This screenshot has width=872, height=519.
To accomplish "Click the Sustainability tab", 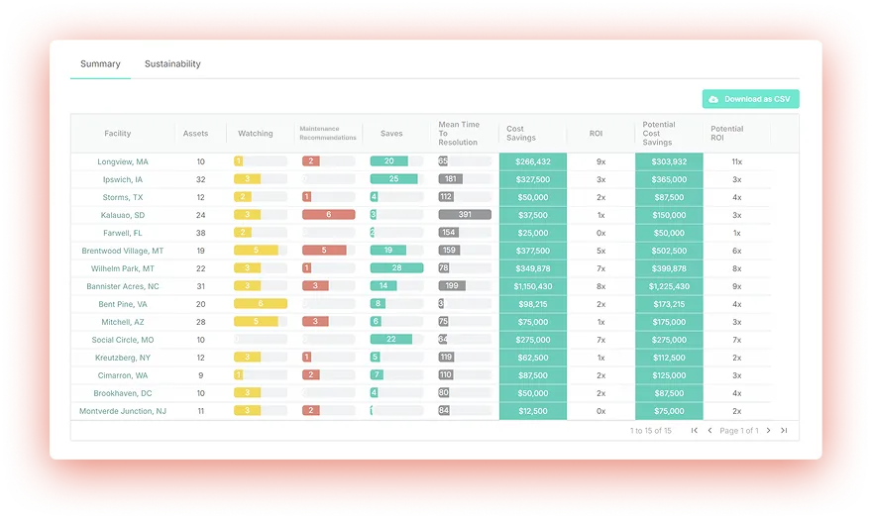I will pos(172,64).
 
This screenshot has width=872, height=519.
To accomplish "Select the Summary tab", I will pos(100,64).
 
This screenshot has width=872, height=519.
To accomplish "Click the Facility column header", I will pos(118,134).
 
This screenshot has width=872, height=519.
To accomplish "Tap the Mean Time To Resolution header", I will pos(459,134).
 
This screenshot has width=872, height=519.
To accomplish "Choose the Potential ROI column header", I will pos(726,134).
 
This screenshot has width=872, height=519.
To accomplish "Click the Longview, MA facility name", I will pos(123,161).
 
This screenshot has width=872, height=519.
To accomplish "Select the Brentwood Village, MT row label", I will pos(123,251).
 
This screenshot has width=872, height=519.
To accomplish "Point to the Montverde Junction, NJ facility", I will pos(123,411).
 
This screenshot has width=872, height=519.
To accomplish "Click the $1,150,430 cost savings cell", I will pos(532,286).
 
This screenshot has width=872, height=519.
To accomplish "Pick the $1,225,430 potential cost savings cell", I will pos(669,286).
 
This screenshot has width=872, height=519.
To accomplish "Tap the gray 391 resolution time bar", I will pos(465,215).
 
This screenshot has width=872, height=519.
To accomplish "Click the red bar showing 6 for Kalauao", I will pos(328,215).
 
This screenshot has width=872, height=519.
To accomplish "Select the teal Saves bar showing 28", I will pos(396,268).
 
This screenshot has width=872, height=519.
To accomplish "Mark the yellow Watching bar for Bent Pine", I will pos(261,304).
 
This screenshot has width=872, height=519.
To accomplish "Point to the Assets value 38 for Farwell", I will pos(201,233).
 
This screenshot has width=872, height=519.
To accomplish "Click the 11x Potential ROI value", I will pos(736,161).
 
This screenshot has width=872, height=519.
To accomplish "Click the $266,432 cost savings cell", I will pos(532,161).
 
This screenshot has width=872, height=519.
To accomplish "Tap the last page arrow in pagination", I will pos(784,431).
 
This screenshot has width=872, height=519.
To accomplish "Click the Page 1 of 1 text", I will pos(739,431).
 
